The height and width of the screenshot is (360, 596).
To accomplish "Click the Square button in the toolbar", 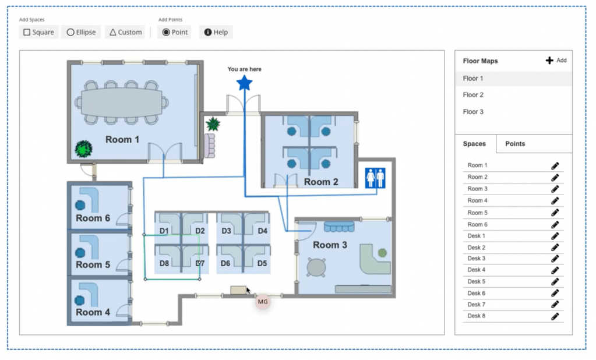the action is [x=39, y=32].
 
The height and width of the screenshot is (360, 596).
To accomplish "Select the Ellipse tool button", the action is [x=81, y=32].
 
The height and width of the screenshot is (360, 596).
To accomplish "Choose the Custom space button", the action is [x=125, y=32].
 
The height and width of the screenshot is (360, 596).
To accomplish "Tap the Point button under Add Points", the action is [x=175, y=32].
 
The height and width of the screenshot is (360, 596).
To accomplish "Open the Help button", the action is [x=216, y=32].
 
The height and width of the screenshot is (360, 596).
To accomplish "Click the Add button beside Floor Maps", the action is [x=556, y=61].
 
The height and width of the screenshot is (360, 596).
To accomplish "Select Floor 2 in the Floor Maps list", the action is [x=473, y=95].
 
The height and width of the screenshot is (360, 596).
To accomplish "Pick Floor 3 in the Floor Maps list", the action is [x=473, y=112].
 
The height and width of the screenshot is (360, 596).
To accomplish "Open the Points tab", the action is [x=515, y=144].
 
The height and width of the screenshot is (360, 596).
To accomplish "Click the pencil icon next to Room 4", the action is [x=555, y=201].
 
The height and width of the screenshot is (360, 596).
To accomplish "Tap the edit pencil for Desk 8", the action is [x=555, y=316].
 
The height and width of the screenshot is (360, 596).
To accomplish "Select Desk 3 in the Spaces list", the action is [x=476, y=259].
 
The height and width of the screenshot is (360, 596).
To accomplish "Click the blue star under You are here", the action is [x=245, y=83].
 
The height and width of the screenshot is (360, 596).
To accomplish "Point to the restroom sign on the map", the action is [x=375, y=178].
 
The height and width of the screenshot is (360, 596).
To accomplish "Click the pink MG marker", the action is [x=263, y=302].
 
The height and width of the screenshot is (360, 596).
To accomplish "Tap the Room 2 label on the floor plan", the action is [x=321, y=182].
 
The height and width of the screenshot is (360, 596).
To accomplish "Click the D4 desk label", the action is [x=262, y=231].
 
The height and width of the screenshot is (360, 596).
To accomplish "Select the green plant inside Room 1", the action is [x=84, y=149].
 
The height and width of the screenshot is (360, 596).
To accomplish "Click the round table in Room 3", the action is [x=316, y=267].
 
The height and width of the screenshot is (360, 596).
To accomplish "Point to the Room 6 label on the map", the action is [x=93, y=218].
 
